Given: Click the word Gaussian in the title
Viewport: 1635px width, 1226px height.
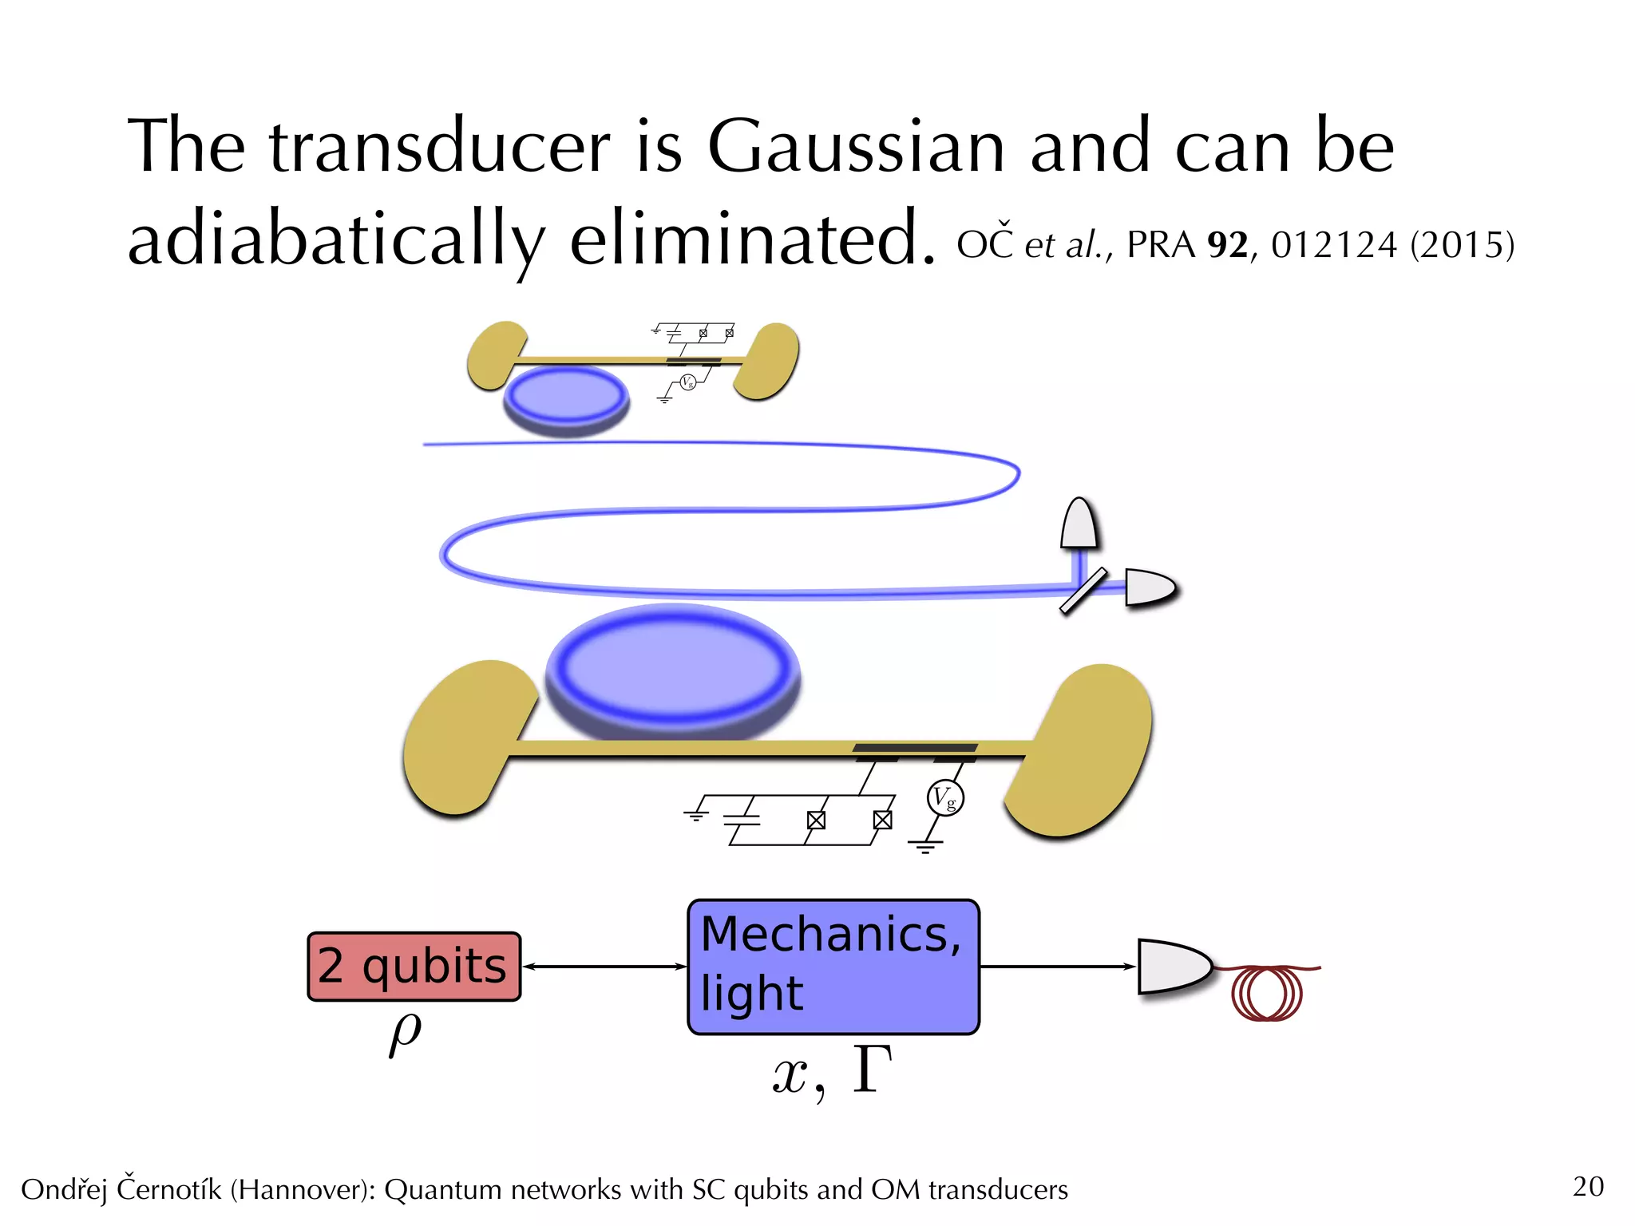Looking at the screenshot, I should click(856, 148).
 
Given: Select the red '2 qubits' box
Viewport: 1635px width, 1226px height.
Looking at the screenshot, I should click(414, 966).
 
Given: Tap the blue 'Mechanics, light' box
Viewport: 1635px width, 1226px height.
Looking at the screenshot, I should click(833, 966).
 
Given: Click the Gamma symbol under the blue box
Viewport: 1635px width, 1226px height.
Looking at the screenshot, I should click(872, 1070).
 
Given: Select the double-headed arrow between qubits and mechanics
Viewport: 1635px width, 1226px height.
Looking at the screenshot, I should click(604, 967).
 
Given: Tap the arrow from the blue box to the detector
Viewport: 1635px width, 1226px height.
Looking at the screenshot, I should click(1057, 967).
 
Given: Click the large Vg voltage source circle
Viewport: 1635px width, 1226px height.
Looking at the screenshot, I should click(945, 797).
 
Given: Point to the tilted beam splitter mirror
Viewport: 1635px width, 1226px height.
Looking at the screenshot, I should click(1083, 591).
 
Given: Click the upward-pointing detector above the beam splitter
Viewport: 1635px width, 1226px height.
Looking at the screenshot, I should click(1079, 524).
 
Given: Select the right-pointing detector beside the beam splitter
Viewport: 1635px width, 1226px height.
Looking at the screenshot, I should click(1148, 587).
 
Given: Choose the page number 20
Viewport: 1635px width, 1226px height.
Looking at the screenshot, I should click(1588, 1186).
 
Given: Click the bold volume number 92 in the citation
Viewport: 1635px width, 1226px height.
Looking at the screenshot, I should click(1228, 245).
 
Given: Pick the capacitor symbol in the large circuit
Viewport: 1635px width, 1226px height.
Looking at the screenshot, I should click(742, 820).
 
